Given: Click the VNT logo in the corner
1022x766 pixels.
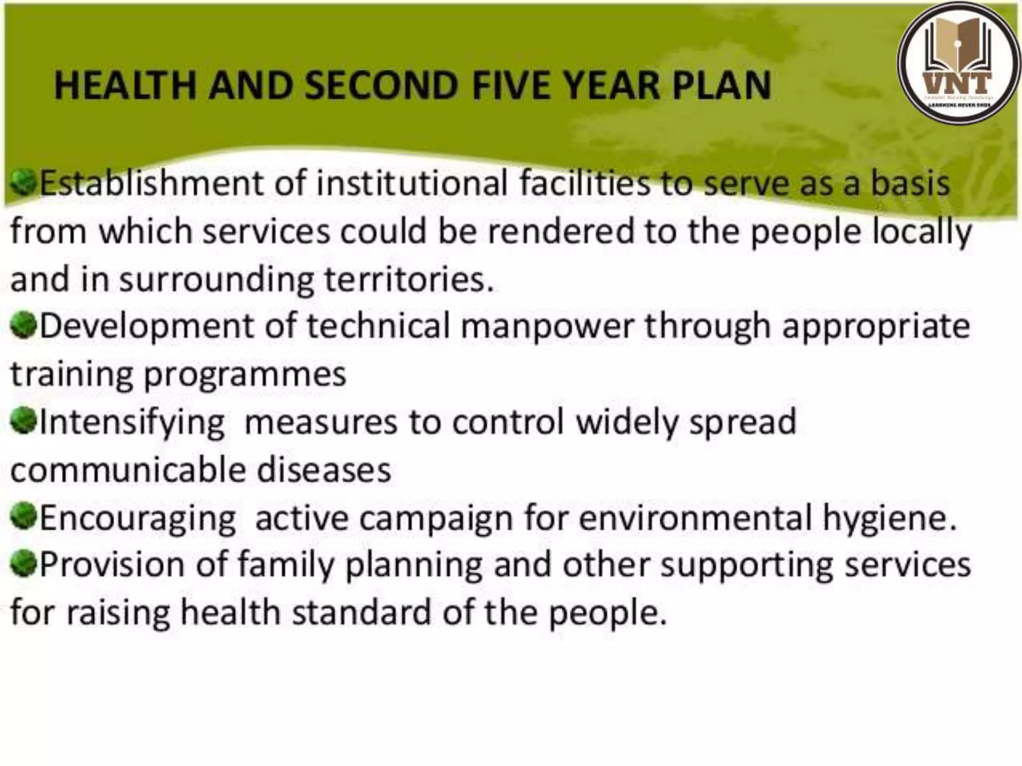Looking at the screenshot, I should point(959,63).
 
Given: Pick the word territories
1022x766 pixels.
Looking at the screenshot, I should point(408,279).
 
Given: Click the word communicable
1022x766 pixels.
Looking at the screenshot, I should point(128,470).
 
